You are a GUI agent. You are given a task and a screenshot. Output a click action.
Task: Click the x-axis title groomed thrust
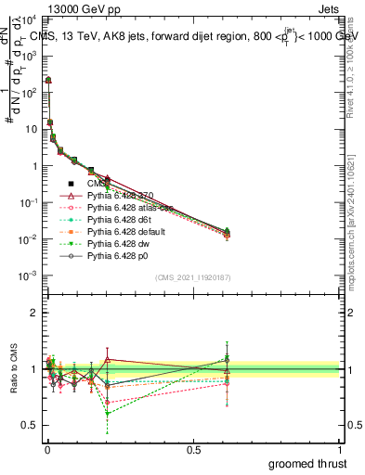(309, 463)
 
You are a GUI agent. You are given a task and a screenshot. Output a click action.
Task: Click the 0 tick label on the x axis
(46, 449)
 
